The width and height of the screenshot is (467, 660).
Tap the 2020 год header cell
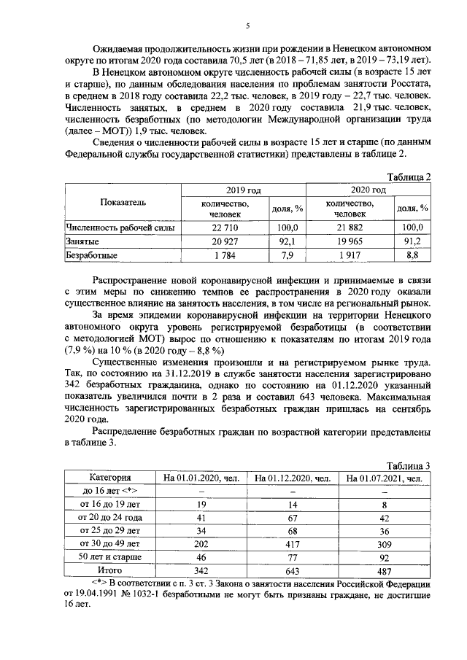click(x=369, y=190)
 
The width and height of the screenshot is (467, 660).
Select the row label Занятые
click(x=82, y=241)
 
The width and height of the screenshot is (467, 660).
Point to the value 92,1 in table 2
click(x=287, y=241)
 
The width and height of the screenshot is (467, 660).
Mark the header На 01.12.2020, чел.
click(x=292, y=478)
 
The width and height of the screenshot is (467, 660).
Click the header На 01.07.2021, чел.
click(x=385, y=478)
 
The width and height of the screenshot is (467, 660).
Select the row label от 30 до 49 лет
click(x=109, y=543)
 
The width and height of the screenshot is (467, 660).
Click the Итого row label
click(x=109, y=570)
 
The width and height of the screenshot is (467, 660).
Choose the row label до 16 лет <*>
click(x=109, y=491)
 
